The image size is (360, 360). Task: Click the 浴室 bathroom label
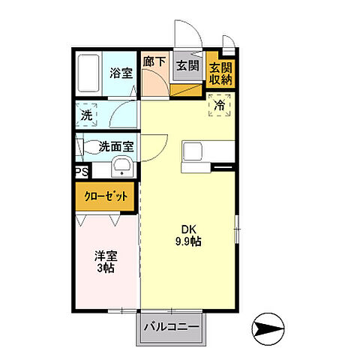pos(120,74)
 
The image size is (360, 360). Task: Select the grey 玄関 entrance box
pos(187,65)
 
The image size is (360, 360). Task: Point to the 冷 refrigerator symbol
pos(220,106)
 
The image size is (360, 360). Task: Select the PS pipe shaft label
pos(81,172)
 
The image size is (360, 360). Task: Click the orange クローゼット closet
pos(106,196)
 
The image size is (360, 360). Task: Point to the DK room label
pos(186,229)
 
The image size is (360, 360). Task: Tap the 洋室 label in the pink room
pos(104,255)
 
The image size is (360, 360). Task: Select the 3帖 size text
pos(104,268)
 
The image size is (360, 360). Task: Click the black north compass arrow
pos(269,327)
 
